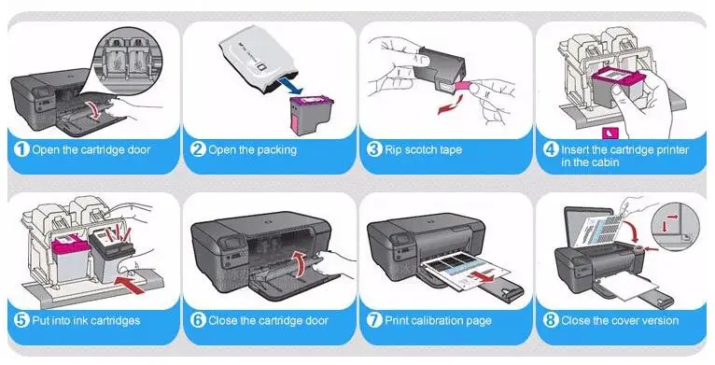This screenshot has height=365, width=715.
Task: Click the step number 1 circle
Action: pos(21,149)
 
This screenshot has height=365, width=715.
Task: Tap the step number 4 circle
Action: pos(551,149)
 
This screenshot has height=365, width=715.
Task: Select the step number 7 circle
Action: pos(374,320)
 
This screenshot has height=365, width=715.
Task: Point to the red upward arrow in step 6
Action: pos(298,263)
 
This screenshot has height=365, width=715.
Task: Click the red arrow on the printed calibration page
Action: pos(484,275)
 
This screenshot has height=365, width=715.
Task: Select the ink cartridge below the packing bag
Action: pos(311,115)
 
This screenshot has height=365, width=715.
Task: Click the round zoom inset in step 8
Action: pos(675,227)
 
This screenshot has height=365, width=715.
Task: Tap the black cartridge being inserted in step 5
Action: pos(112,257)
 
